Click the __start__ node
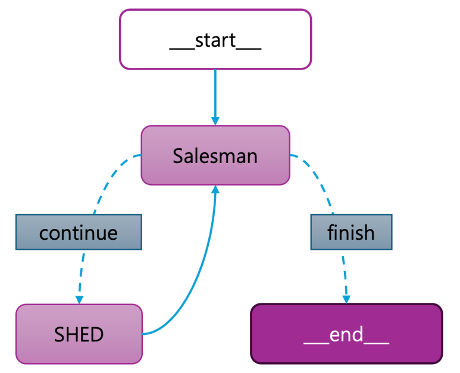(x=215, y=39)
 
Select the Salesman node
(x=215, y=155)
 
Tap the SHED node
(x=79, y=334)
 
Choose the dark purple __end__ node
(x=346, y=334)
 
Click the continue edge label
(x=79, y=231)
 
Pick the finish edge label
(x=351, y=231)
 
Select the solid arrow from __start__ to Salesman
(x=215, y=92)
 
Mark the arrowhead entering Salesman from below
(x=215, y=190)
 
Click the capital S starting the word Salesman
(x=178, y=156)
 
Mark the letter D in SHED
(x=96, y=334)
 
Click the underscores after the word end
(x=377, y=341)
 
